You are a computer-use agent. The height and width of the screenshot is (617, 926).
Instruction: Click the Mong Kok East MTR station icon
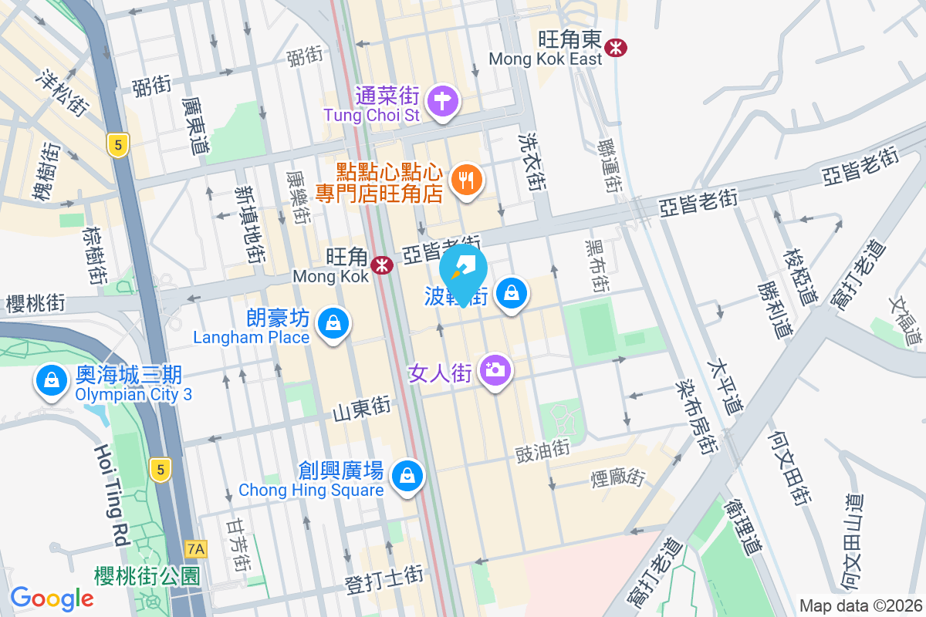616,47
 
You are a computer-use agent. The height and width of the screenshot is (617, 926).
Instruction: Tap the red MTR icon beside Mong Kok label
380,265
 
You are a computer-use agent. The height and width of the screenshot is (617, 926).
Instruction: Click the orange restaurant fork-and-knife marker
466,180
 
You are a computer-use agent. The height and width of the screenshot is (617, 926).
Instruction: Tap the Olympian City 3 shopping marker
50,380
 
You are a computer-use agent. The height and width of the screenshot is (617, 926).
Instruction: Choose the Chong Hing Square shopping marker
407,476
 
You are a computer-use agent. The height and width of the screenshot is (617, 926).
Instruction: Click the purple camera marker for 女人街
495,370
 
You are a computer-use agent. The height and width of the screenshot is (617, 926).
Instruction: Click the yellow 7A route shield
197,549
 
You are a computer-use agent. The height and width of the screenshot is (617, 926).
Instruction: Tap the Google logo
52,598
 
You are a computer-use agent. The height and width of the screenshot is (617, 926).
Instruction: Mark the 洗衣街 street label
532,164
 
